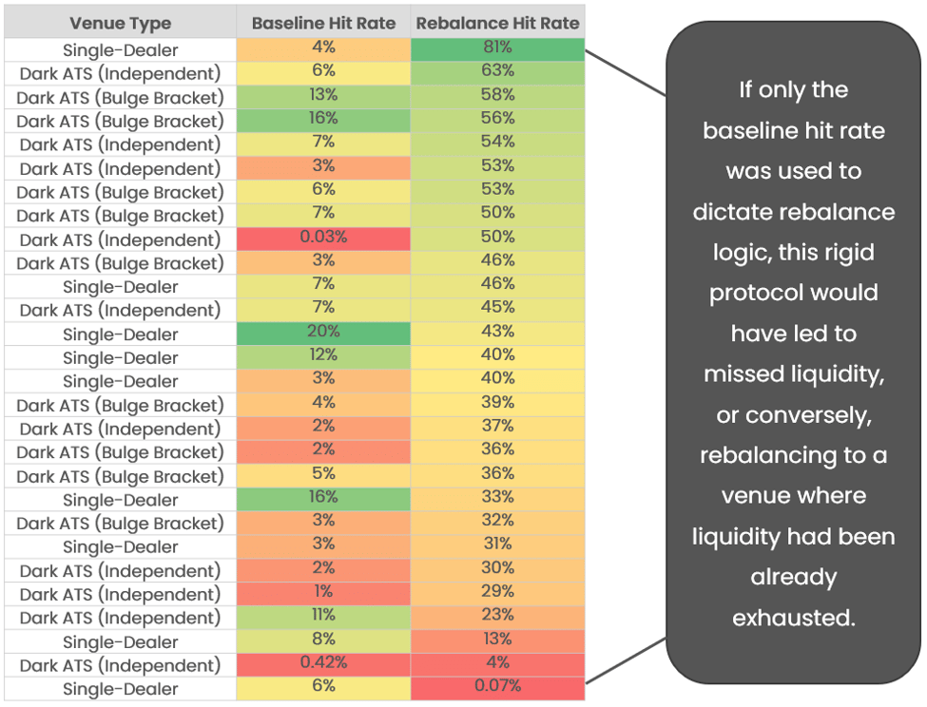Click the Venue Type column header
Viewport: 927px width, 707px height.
[x=121, y=24]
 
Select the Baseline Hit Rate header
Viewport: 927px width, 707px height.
[x=323, y=24]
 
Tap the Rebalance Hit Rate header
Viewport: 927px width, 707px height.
[x=497, y=24]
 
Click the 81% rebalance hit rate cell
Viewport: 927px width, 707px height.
[x=497, y=48]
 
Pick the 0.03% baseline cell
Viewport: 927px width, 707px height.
[x=323, y=237]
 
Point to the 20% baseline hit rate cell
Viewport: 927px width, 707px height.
[x=323, y=332]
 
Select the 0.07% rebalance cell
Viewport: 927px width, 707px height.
[x=497, y=686]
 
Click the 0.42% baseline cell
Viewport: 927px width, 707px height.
[x=323, y=662]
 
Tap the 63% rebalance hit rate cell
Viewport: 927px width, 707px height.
[x=497, y=71]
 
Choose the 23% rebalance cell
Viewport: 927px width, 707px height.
[x=497, y=615]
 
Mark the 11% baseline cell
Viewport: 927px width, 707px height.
[x=323, y=615]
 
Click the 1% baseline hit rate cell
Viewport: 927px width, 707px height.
[x=323, y=591]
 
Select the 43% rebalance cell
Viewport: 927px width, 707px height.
[x=497, y=332]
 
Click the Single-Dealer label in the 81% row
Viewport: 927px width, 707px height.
[x=121, y=50]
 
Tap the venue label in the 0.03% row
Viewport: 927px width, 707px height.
[x=121, y=239]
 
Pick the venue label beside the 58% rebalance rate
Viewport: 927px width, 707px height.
[x=121, y=97]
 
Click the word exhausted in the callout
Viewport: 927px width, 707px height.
[x=793, y=618]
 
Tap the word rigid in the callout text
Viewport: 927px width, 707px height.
[x=844, y=252]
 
